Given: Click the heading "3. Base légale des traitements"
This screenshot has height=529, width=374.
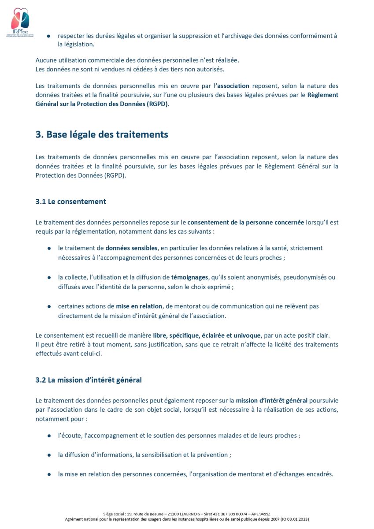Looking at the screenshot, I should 102,134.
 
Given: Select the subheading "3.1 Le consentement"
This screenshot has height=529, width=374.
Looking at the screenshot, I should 71,201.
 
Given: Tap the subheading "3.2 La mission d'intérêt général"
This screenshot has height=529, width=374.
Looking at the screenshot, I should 89,380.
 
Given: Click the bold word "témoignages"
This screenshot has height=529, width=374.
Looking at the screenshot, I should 189,277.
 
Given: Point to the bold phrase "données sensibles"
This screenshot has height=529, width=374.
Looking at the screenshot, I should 131,248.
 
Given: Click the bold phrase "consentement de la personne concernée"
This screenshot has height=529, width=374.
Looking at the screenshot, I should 245,222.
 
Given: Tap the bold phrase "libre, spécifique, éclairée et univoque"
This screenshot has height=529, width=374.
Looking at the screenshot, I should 207,335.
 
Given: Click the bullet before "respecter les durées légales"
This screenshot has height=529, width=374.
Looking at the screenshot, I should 48,36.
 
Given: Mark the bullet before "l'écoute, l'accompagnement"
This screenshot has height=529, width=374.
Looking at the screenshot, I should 48,436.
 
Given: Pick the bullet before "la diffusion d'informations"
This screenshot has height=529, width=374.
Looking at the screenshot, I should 48,455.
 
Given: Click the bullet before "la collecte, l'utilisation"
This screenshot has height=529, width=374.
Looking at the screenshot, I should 48,278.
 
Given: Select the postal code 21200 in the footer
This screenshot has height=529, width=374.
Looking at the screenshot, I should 157,514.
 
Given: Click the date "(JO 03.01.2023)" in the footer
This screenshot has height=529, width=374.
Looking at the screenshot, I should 294,519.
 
